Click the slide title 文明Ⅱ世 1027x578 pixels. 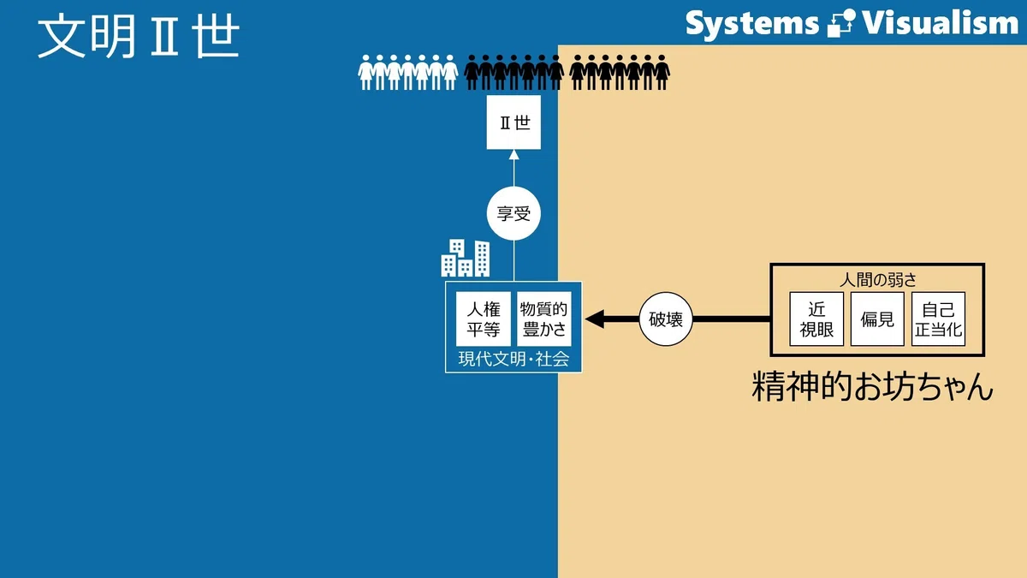pyautogui.click(x=138, y=35)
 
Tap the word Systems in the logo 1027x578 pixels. pyautogui.click(x=752, y=24)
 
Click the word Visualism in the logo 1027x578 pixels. pyautogui.click(x=940, y=23)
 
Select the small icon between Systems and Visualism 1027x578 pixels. pyautogui.click(x=841, y=23)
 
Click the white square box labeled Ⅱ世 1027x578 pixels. pyautogui.click(x=513, y=122)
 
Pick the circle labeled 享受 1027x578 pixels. pyautogui.click(x=513, y=213)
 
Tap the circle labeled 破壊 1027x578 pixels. pyautogui.click(x=666, y=319)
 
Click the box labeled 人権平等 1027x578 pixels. pyautogui.click(x=484, y=319)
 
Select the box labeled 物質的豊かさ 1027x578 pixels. pyautogui.click(x=544, y=319)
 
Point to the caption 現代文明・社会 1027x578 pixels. pyautogui.click(x=513, y=359)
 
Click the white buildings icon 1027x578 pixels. pyautogui.click(x=466, y=258)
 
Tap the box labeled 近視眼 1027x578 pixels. pyautogui.click(x=816, y=319)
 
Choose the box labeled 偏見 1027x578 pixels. pyautogui.click(x=877, y=319)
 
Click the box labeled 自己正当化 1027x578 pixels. pyautogui.click(x=939, y=319)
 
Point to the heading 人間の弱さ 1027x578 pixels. pyautogui.click(x=877, y=279)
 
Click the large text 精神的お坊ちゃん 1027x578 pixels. pyautogui.click(x=872, y=387)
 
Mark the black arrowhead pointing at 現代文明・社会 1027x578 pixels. pyautogui.click(x=595, y=319)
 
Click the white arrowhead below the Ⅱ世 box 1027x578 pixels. pyautogui.click(x=514, y=155)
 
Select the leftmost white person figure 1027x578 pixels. pyautogui.click(x=365, y=73)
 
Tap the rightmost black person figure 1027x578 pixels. pyautogui.click(x=662, y=73)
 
